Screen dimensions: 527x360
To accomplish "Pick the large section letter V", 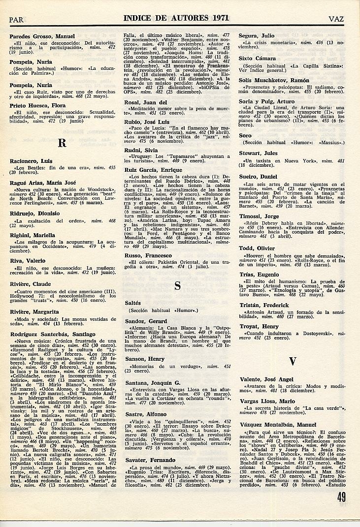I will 293,361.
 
